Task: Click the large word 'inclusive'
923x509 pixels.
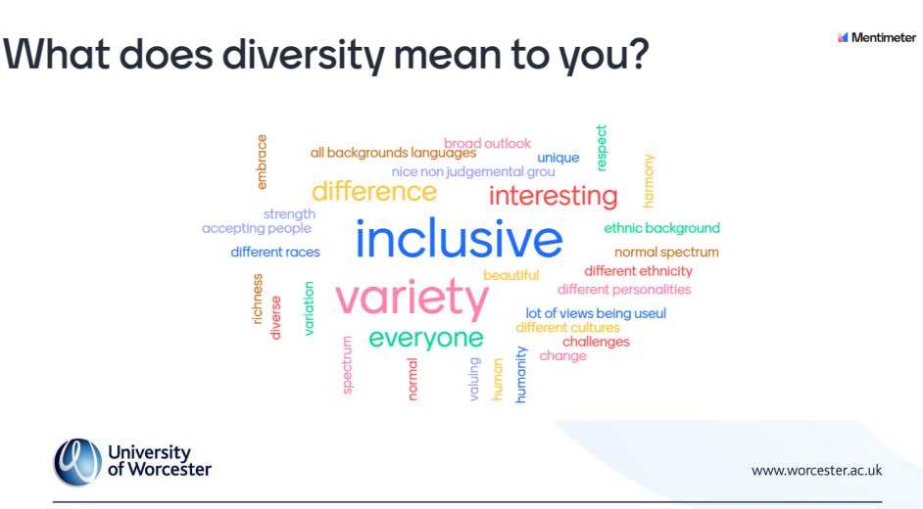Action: tap(459, 241)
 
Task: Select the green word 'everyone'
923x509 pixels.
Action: tap(426, 339)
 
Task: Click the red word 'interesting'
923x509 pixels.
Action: tap(553, 196)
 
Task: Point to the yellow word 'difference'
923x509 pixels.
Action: tap(373, 191)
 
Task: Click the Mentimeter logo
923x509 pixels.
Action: tap(876, 37)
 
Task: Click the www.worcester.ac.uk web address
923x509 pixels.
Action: tap(816, 470)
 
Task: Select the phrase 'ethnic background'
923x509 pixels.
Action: tap(661, 228)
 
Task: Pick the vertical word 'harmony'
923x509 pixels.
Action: tap(649, 180)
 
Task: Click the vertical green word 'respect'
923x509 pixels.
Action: tap(602, 148)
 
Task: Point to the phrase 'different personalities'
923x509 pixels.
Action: tap(624, 290)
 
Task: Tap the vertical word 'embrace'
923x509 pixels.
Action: tap(262, 162)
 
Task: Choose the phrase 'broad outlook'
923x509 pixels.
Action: tap(487, 144)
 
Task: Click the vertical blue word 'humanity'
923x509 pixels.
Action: tap(521, 374)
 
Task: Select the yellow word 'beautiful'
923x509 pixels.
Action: tap(511, 275)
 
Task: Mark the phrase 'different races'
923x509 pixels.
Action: tap(275, 253)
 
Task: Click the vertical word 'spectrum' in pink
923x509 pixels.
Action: tap(347, 364)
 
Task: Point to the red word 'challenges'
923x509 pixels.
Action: tap(596, 342)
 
